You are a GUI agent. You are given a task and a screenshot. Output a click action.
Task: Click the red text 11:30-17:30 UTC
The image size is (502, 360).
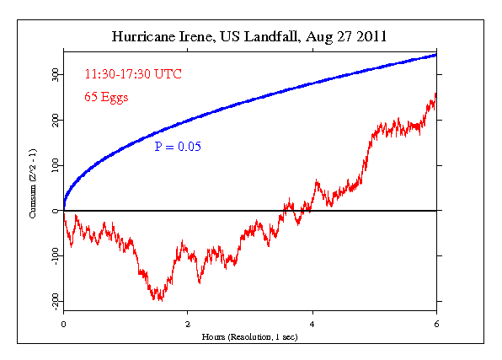(x=133, y=74)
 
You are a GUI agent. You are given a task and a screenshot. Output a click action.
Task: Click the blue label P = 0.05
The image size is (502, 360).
(x=178, y=146)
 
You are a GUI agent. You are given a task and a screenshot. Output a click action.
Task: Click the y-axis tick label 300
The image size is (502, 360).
(x=55, y=75)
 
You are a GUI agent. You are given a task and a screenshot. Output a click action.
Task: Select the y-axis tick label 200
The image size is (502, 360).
(x=55, y=121)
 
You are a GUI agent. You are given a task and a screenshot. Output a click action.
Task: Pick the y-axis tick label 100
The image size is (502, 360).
(x=55, y=166)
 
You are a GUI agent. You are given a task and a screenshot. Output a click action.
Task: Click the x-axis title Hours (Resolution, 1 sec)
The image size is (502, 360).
(x=250, y=336)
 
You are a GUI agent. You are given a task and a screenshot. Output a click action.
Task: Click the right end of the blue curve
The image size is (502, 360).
(x=436, y=55)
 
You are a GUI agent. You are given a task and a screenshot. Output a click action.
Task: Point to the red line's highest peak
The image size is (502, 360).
(x=435, y=94)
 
